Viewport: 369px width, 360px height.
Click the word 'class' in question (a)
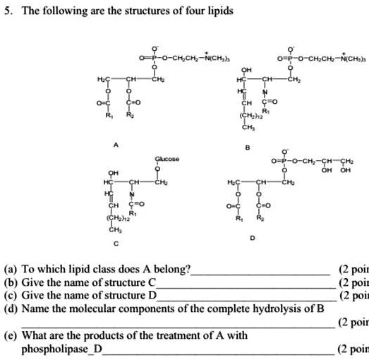tap(135, 270)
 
